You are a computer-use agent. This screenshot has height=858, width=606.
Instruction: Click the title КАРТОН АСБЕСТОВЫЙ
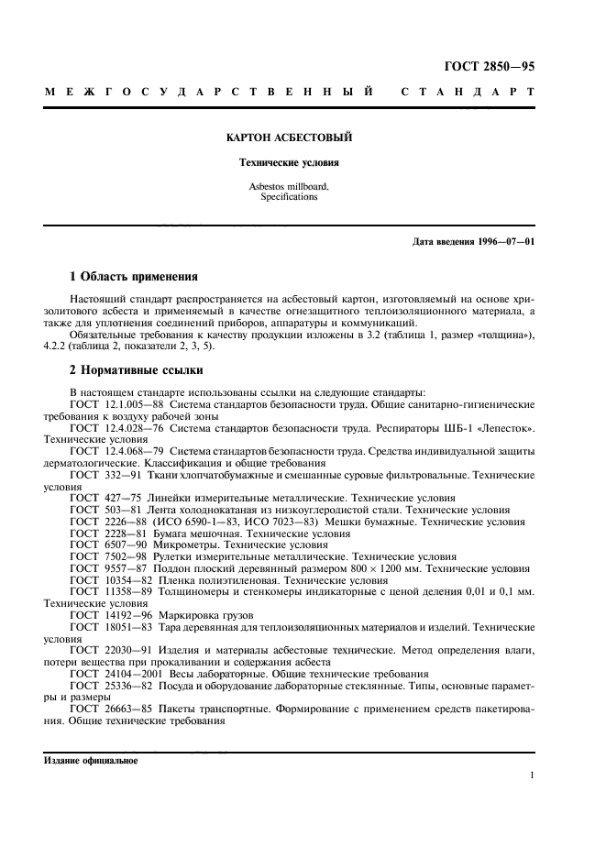tap(289, 137)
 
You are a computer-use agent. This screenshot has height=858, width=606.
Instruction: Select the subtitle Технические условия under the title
tap(289, 164)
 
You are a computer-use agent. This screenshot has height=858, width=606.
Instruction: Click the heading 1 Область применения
tap(135, 275)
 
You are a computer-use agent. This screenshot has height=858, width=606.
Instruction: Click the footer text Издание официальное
tap(91, 761)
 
